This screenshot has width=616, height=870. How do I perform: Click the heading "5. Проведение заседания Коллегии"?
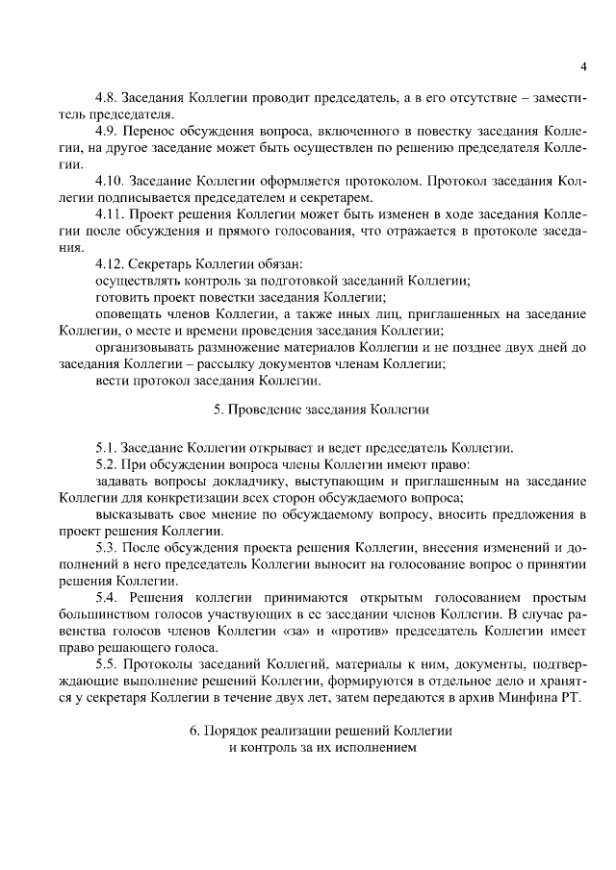321,410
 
